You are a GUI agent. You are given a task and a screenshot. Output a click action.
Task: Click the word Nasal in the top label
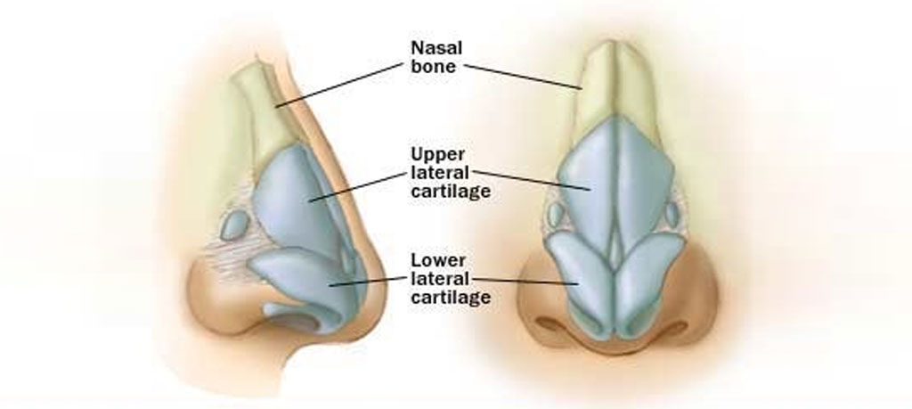click(x=435, y=46)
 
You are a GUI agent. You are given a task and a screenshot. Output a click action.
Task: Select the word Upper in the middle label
click(x=436, y=152)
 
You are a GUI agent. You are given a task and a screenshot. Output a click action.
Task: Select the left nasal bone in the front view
click(x=598, y=89)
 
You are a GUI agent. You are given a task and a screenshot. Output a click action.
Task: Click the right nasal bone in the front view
click(x=635, y=89)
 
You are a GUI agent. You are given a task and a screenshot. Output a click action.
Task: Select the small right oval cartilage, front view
click(x=673, y=215)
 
